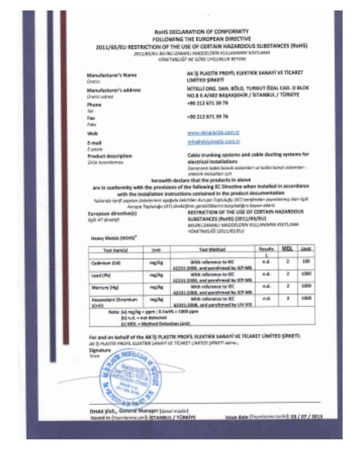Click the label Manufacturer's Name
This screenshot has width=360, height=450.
pos(109,75)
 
